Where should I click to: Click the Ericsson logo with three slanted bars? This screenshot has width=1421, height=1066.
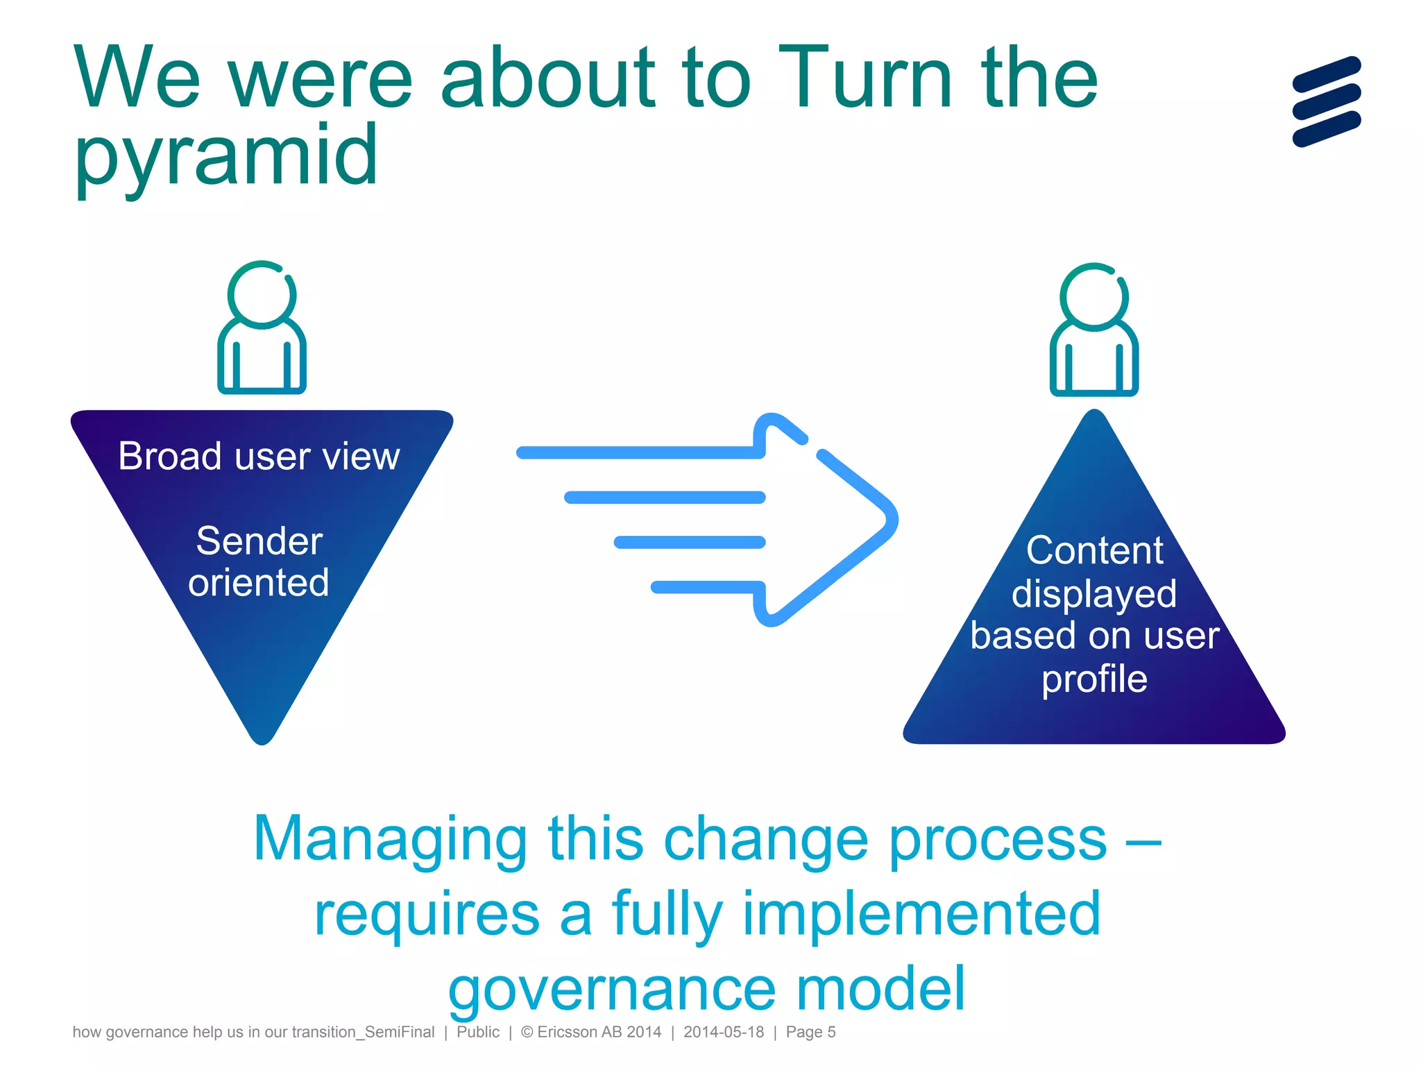(1326, 101)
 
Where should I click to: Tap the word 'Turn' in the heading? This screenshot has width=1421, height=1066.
(865, 78)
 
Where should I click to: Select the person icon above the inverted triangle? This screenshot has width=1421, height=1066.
(262, 327)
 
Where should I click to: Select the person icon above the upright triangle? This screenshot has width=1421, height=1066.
(1094, 329)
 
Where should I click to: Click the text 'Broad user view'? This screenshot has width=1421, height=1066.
(259, 457)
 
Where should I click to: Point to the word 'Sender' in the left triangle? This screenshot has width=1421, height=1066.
(259, 541)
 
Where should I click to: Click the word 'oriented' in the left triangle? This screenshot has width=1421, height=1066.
(258, 582)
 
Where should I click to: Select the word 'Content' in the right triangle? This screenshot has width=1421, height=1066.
(1094, 550)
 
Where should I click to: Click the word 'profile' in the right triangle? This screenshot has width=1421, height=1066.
(1094, 679)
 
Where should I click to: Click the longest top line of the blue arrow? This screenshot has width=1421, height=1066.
(638, 453)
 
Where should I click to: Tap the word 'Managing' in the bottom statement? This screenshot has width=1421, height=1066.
(390, 839)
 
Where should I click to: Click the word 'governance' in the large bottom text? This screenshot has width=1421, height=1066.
(611, 990)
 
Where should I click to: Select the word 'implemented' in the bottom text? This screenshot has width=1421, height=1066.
(921, 914)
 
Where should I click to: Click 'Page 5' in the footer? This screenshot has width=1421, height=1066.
(810, 1032)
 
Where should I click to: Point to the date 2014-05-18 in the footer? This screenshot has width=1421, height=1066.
(723, 1032)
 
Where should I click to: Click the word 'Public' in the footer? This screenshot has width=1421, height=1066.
(477, 1032)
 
